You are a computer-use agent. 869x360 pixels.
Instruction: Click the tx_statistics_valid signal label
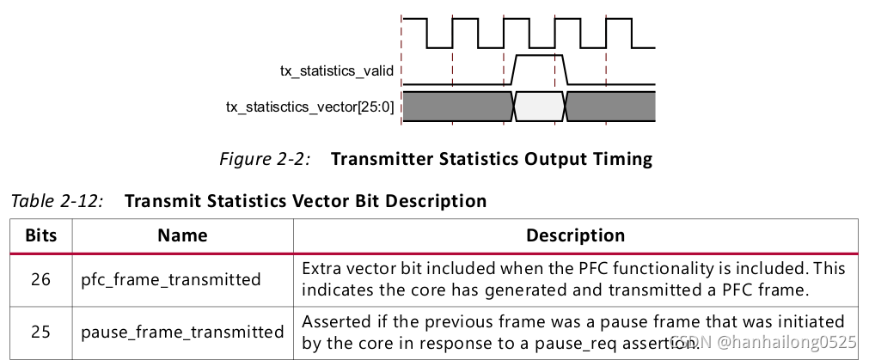(337, 71)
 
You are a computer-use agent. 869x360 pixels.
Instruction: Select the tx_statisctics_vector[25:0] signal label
(309, 107)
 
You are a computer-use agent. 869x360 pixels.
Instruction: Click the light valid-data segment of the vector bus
(539, 107)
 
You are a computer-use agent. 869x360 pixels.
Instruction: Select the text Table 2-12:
(58, 201)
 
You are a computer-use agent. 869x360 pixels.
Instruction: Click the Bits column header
(41, 235)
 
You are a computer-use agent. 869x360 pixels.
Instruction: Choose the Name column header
(182, 235)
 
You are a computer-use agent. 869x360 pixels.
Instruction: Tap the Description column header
(575, 235)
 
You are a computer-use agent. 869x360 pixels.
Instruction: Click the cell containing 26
(41, 278)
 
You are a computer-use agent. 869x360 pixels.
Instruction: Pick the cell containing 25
(41, 331)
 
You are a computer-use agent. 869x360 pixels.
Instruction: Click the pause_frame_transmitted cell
(182, 332)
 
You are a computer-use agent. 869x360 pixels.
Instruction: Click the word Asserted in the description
(334, 321)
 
